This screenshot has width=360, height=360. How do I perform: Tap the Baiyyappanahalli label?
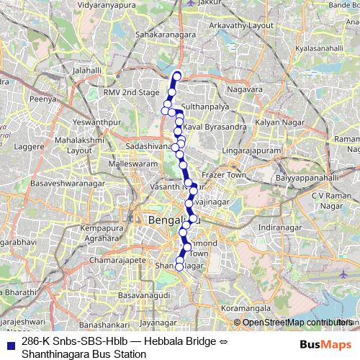pos(307,176)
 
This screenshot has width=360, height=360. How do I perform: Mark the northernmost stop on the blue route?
pos(176,76)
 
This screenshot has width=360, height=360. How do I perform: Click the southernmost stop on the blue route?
pos(179,267)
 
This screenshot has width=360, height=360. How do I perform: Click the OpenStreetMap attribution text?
pos(294,322)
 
